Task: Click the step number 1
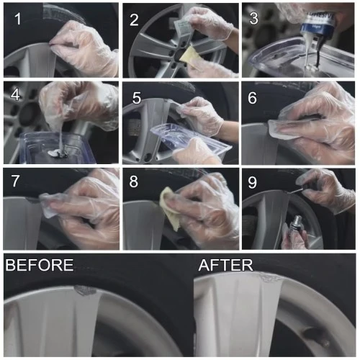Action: click(x=18, y=19)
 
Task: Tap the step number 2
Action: click(x=134, y=20)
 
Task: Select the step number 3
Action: click(x=253, y=18)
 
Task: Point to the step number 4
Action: click(x=15, y=95)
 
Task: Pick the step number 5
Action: click(x=137, y=98)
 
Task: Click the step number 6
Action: click(x=252, y=98)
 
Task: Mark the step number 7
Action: click(x=15, y=181)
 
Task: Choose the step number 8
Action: click(x=134, y=181)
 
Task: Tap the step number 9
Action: click(x=252, y=183)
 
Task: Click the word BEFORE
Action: click(x=40, y=265)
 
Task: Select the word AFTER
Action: click(x=226, y=265)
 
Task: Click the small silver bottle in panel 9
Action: click(x=296, y=225)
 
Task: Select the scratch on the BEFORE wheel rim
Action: click(x=85, y=290)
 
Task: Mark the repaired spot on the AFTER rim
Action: click(x=270, y=276)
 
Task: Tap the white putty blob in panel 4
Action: click(x=55, y=153)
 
